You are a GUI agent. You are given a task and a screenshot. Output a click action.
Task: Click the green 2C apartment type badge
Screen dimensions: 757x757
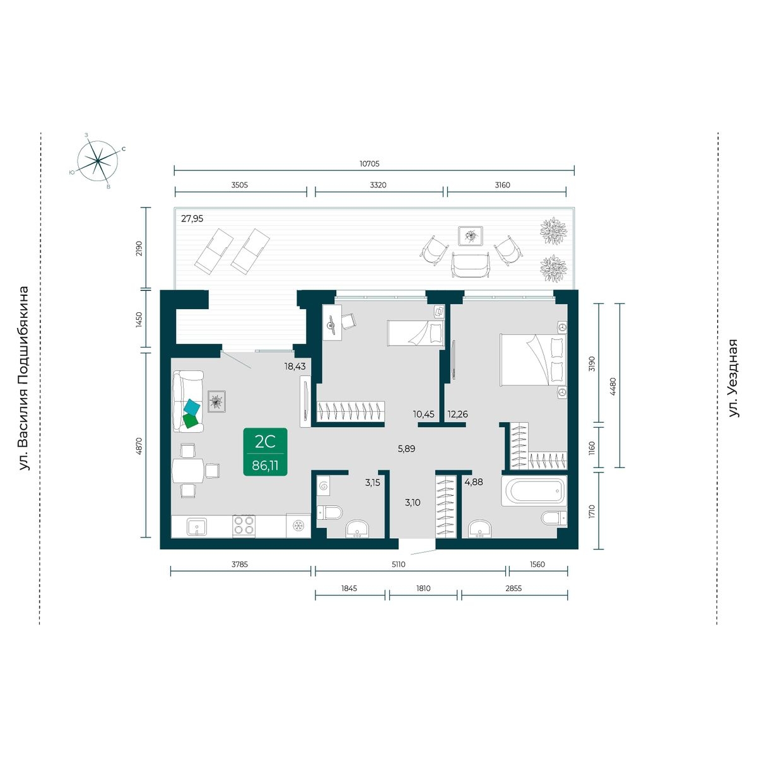[265, 452]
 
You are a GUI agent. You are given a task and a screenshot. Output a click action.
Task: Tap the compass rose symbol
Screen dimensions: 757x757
[97, 160]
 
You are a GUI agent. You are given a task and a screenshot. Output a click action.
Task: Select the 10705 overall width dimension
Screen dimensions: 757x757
[369, 163]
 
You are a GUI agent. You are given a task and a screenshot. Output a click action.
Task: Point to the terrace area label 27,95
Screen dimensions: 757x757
[192, 219]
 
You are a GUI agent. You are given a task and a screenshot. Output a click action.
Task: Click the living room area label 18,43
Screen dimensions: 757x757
[295, 367]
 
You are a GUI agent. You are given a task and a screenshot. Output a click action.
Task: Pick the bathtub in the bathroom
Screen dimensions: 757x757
[534, 491]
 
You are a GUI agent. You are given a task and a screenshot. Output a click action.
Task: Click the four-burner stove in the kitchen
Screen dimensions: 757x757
[244, 526]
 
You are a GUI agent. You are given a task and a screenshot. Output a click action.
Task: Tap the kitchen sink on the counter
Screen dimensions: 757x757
[197, 526]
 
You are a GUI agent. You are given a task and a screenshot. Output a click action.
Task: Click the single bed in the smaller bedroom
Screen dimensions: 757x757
[416, 332]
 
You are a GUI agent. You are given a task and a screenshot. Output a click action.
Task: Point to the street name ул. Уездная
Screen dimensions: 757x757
[732, 378]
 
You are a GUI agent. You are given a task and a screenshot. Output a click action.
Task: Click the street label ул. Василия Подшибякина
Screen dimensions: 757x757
[25, 378]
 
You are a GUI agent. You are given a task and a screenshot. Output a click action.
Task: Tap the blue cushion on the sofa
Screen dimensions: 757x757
[192, 406]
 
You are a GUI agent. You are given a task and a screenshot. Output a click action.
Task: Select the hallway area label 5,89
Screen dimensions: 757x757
[406, 449]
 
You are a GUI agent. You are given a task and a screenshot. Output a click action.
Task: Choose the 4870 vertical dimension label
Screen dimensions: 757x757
[138, 445]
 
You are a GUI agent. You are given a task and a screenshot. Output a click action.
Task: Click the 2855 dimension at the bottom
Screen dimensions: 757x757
[513, 588]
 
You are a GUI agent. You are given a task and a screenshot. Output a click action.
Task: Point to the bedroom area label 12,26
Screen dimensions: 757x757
[457, 414]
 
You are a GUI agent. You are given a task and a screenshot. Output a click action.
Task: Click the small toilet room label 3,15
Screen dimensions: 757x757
[372, 483]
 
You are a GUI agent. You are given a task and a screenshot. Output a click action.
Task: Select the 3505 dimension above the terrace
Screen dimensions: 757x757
[239, 185]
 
